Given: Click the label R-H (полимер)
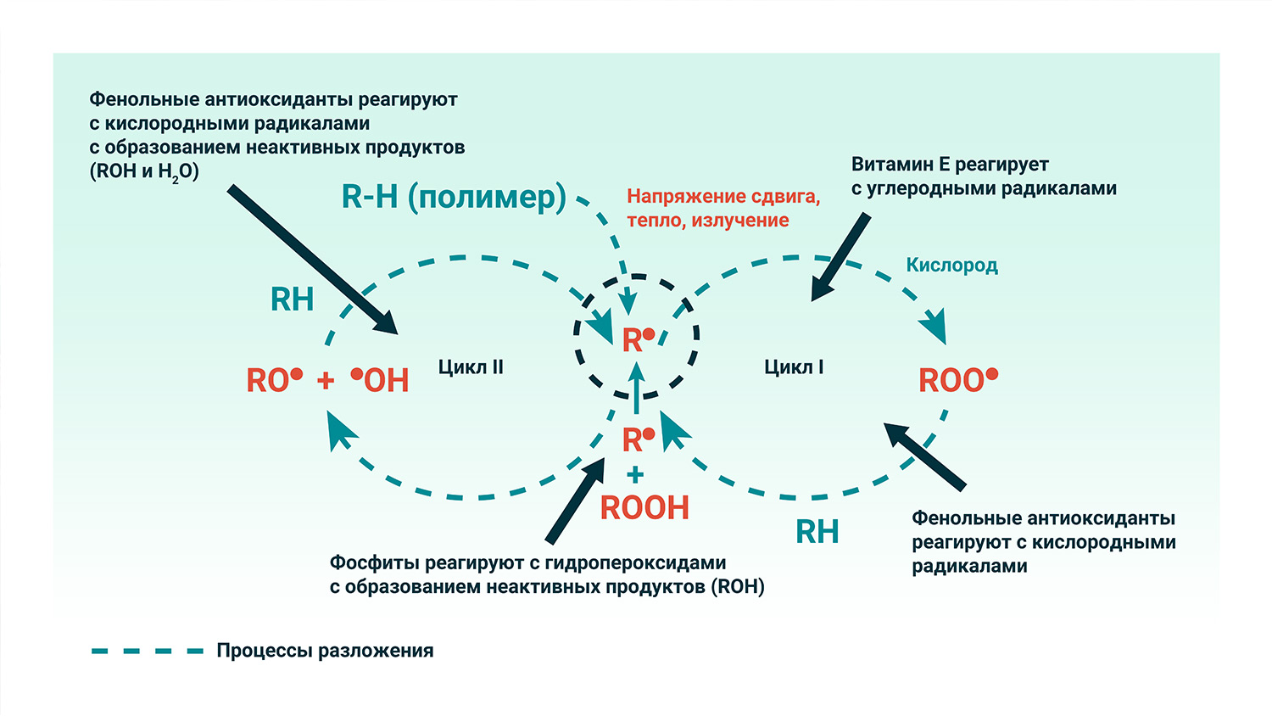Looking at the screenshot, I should click(453, 197).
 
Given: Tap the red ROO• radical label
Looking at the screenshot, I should click(958, 380).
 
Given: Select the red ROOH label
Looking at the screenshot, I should click(644, 508).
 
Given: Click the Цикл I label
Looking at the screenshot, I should click(794, 367).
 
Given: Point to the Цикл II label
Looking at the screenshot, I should click(471, 367).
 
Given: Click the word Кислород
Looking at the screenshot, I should click(951, 266).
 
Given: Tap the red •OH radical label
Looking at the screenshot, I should click(381, 380).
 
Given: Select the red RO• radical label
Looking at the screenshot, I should click(274, 380).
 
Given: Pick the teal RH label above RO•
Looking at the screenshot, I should click(292, 299).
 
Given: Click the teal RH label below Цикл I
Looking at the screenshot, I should click(817, 532).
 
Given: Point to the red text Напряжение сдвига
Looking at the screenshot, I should click(723, 197).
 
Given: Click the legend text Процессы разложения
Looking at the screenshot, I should click(325, 651).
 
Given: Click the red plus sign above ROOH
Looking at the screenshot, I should click(636, 475).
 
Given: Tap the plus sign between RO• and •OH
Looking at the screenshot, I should click(326, 381).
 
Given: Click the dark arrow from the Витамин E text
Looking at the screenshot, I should click(840, 257).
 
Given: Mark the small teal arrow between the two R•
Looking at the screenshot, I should click(637, 389).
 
